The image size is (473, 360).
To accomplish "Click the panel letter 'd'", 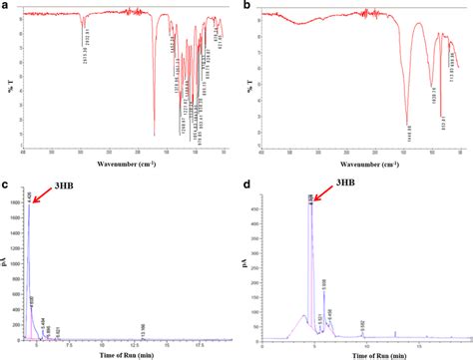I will coord(247,185).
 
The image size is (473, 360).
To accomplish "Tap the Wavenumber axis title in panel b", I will coord(362,162).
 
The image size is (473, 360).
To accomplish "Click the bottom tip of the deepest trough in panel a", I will coord(154,136).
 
